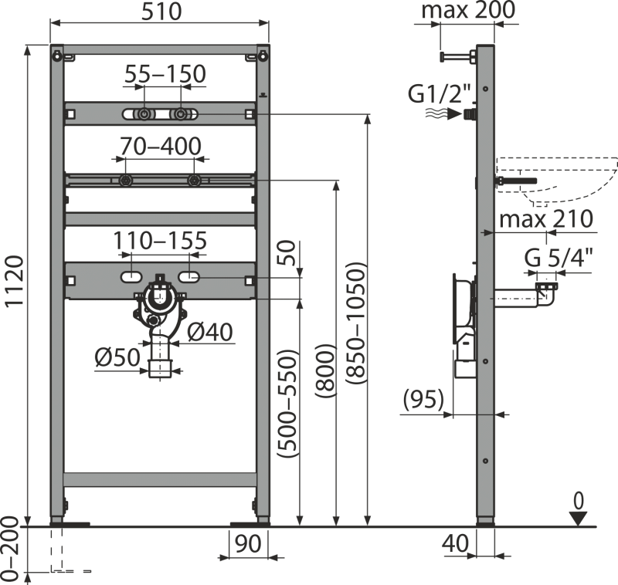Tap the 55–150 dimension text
[x=166, y=74]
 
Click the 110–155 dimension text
[x=161, y=242]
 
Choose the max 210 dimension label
[x=545, y=219]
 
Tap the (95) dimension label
[x=423, y=400]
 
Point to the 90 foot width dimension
[x=248, y=544]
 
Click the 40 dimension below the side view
[x=456, y=544]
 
